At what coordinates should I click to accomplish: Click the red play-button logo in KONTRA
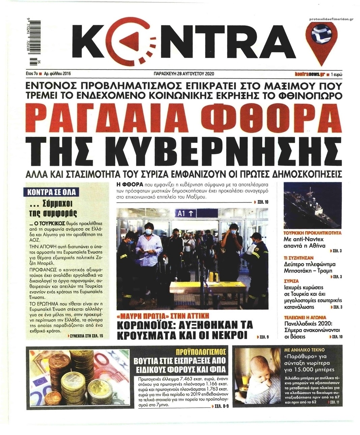click(136, 42)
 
